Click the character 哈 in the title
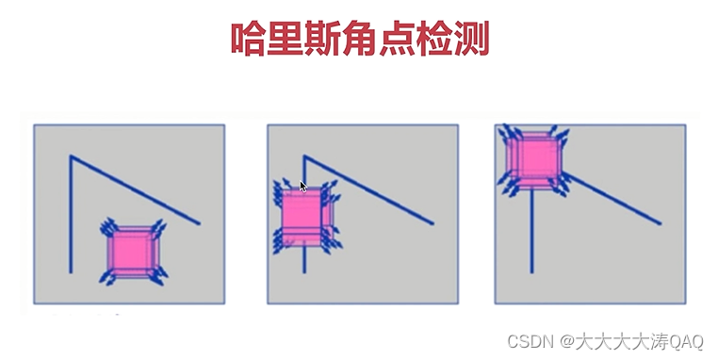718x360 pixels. pyautogui.click(x=248, y=39)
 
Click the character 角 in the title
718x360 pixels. pyautogui.click(x=359, y=39)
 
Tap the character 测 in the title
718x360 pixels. pyautogui.click(x=472, y=39)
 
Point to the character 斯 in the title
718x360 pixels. pyautogui.click(x=322, y=39)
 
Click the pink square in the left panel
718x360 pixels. pyautogui.click(x=133, y=251)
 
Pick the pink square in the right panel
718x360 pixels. pyautogui.click(x=533, y=158)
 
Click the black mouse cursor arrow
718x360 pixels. pyautogui.click(x=302, y=187)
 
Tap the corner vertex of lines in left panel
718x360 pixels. pyautogui.click(x=71, y=156)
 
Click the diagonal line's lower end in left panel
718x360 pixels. pyautogui.click(x=199, y=223)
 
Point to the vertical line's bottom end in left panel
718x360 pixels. pyautogui.click(x=71, y=272)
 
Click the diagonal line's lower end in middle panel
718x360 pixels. pyautogui.click(x=432, y=223)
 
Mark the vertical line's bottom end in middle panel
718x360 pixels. pyautogui.click(x=304, y=272)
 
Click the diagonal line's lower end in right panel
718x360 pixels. pyautogui.click(x=661, y=223)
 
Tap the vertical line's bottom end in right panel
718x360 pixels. pyautogui.click(x=531, y=272)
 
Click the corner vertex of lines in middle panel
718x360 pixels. pyautogui.click(x=304, y=156)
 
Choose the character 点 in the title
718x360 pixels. pyautogui.click(x=397, y=39)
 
